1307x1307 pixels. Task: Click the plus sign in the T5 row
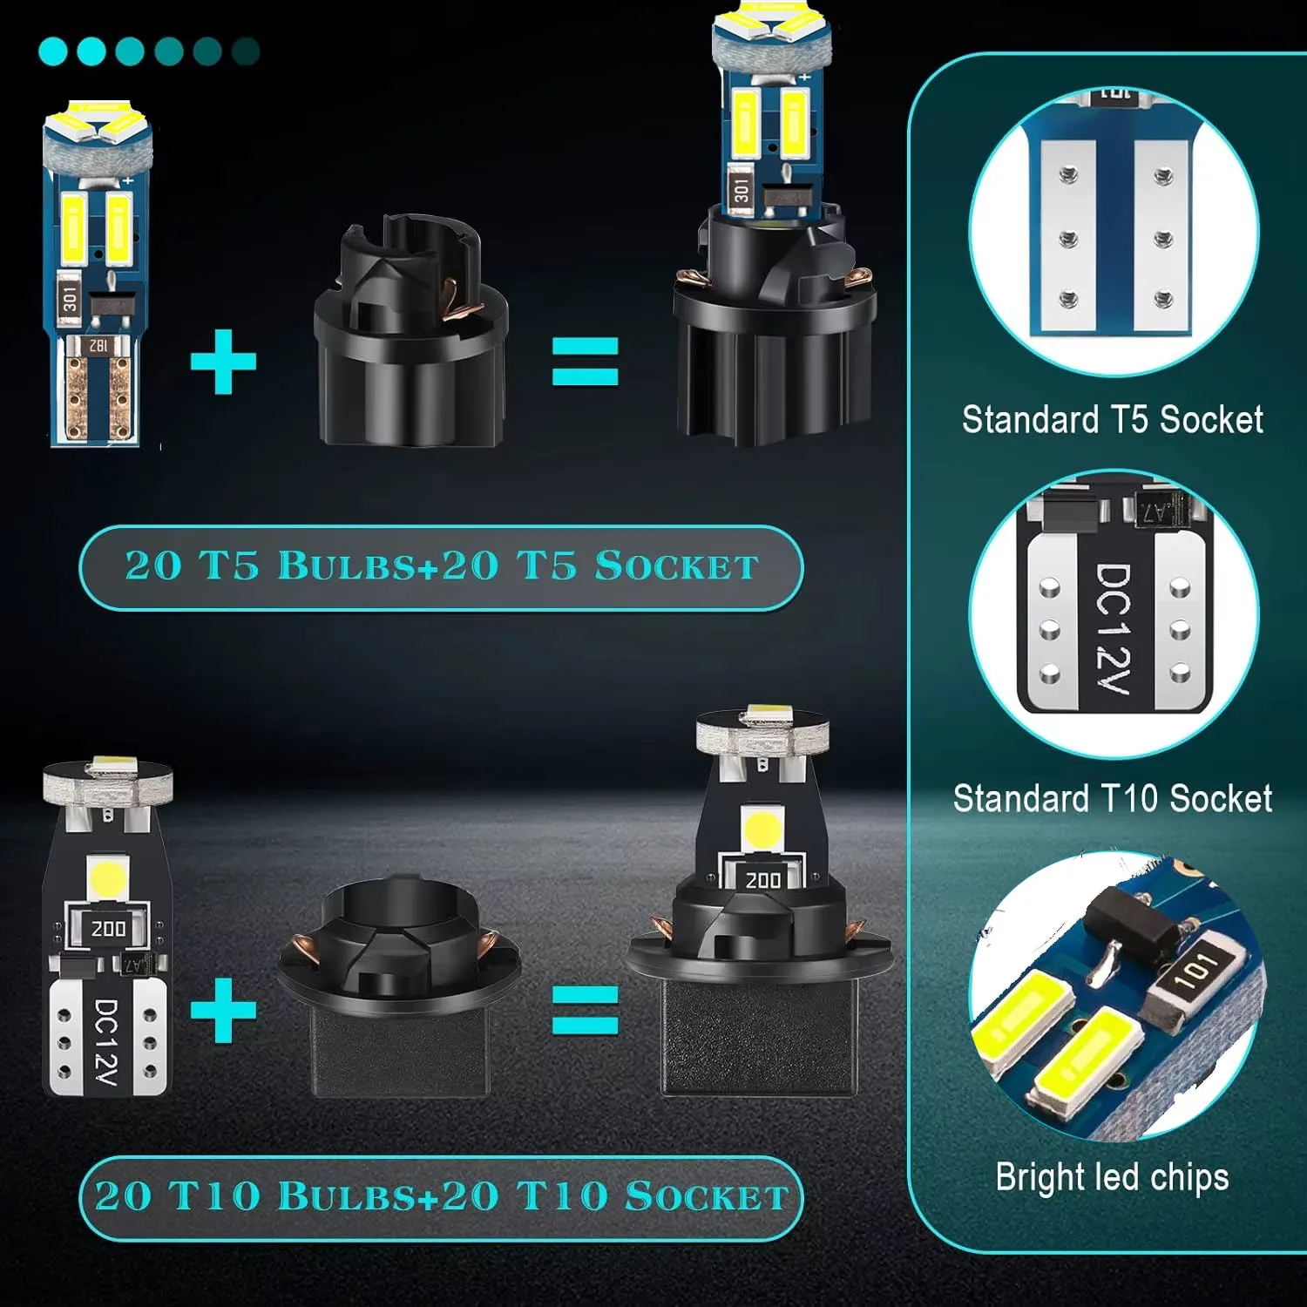click(x=223, y=362)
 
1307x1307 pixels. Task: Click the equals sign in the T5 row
click(x=586, y=361)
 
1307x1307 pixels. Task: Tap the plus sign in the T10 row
click(x=223, y=1010)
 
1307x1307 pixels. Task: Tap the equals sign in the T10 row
click(x=586, y=1010)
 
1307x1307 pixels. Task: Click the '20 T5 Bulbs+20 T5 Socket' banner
click(x=441, y=567)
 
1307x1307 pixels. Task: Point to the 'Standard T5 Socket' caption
click(x=1112, y=420)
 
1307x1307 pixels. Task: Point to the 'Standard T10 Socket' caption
click(x=1112, y=799)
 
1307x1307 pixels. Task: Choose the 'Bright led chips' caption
click(x=1112, y=1178)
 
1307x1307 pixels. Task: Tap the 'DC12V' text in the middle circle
click(x=1113, y=626)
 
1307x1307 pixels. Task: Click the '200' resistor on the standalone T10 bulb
click(x=108, y=929)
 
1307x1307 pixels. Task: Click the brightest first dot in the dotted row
click(x=53, y=51)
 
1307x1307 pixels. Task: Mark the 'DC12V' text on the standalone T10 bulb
click(x=105, y=1042)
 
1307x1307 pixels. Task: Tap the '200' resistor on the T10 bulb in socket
click(x=763, y=880)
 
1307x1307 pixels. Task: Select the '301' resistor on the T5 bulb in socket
click(x=741, y=191)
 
